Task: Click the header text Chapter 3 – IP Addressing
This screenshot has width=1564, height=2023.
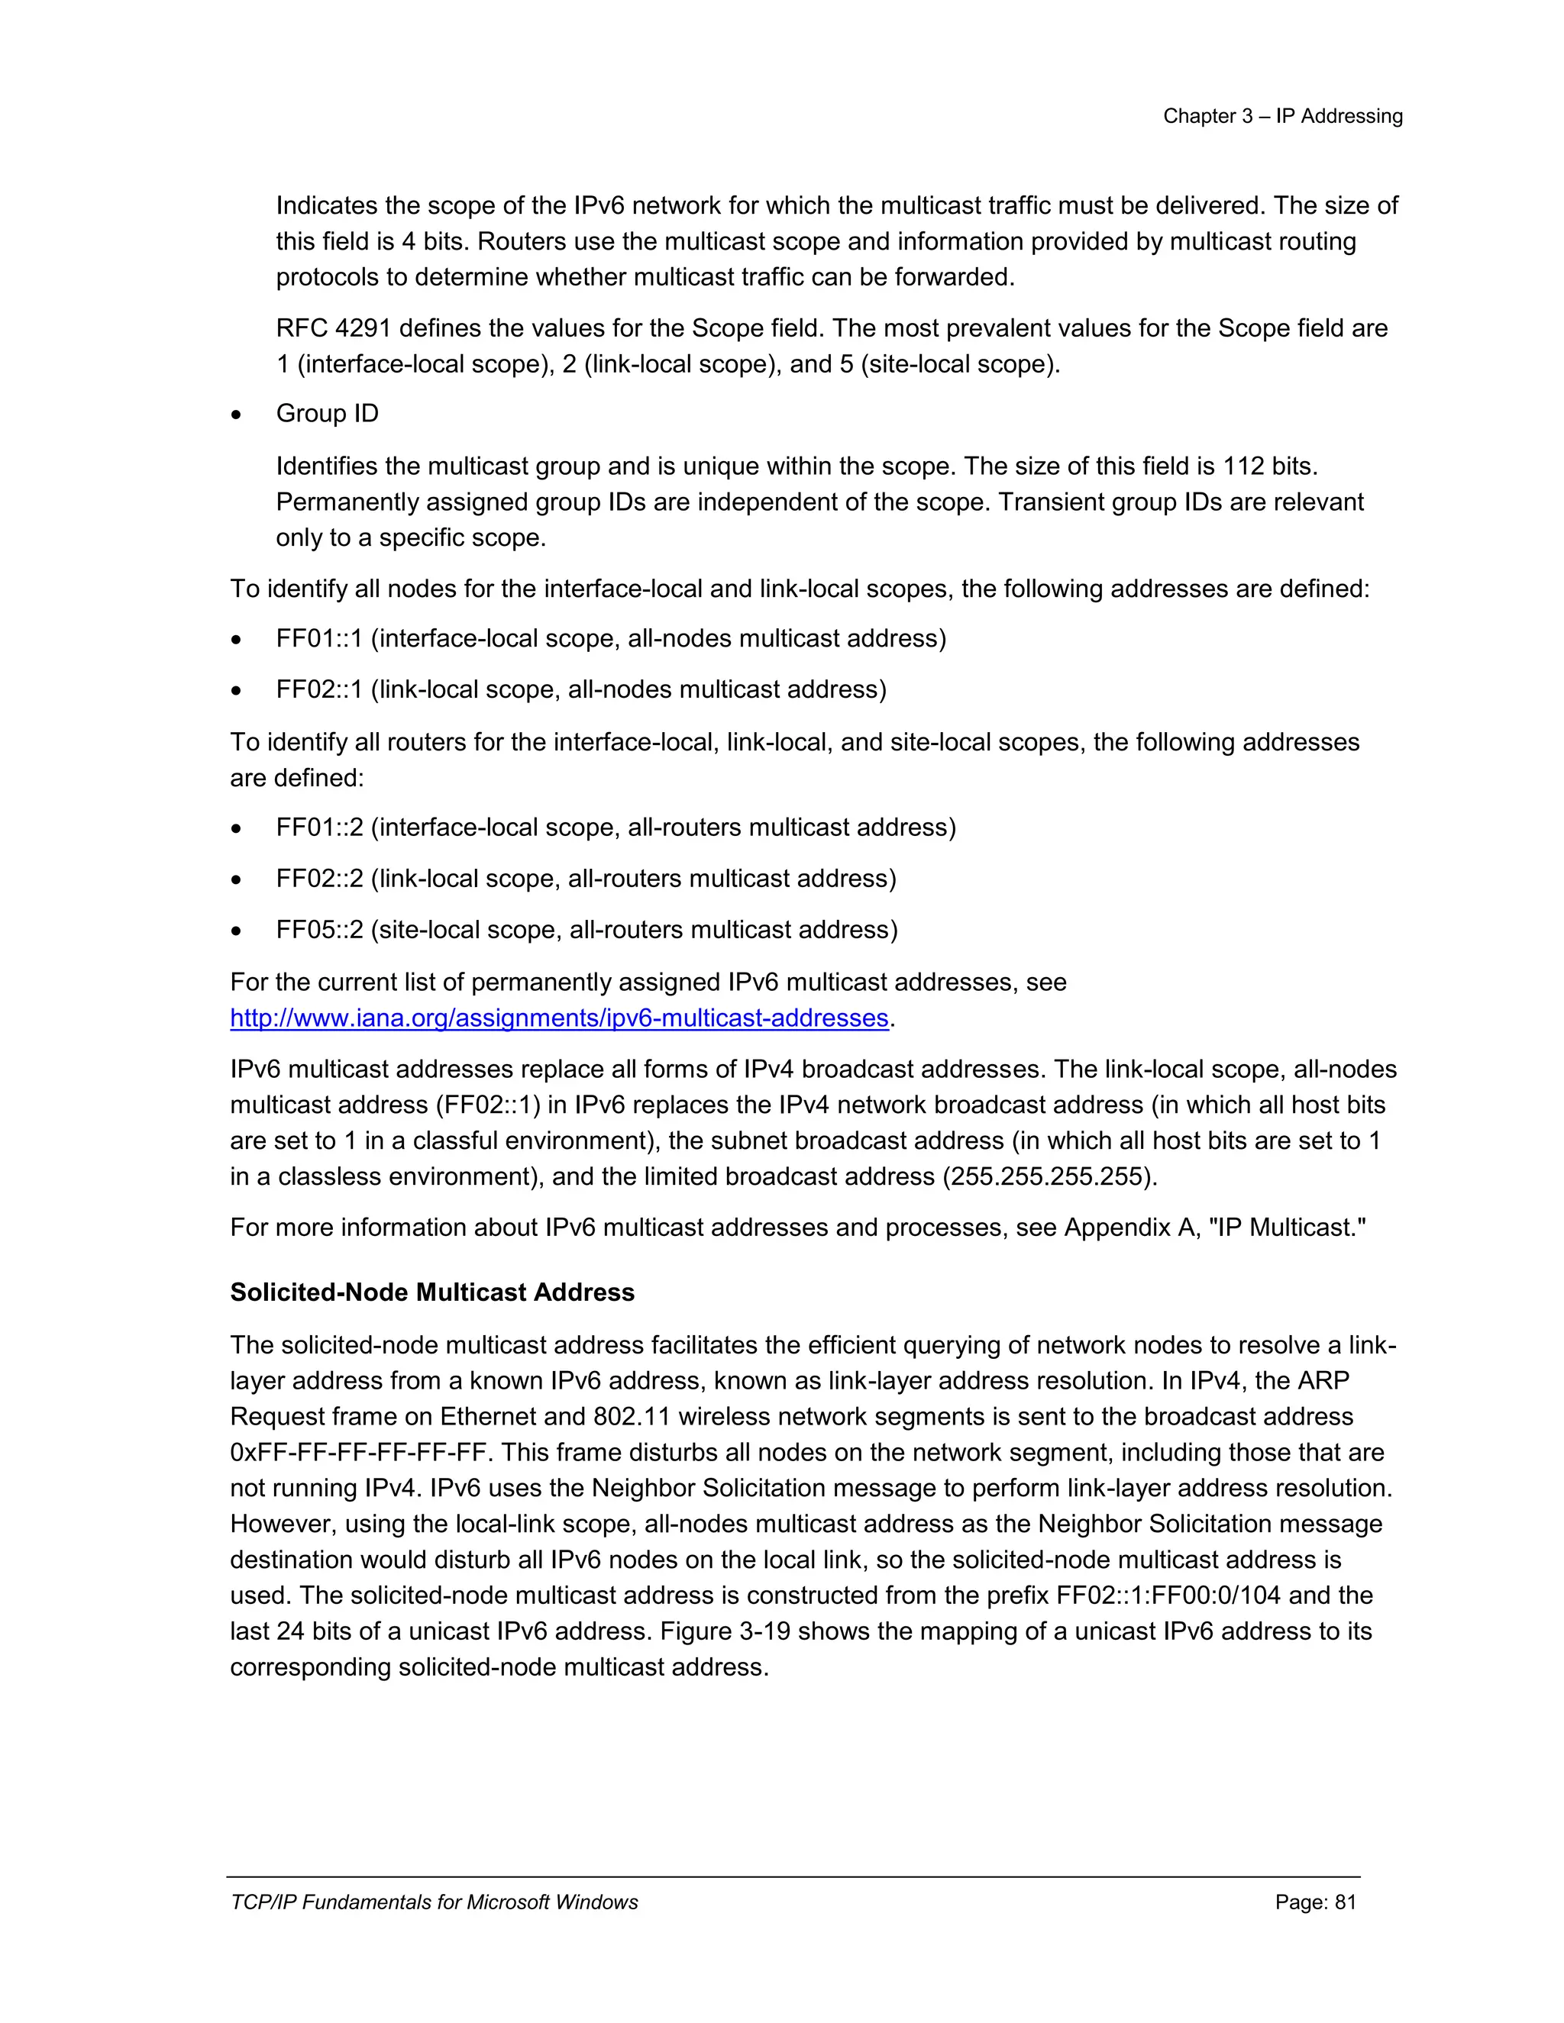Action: [1282, 116]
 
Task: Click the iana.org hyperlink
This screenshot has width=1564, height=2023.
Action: [559, 1018]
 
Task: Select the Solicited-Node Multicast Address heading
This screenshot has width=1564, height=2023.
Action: [431, 1292]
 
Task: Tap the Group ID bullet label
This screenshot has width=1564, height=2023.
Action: [327, 413]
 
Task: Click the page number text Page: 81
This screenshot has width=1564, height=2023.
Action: [1315, 1902]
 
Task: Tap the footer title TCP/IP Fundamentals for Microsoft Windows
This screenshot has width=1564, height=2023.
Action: [434, 1902]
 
